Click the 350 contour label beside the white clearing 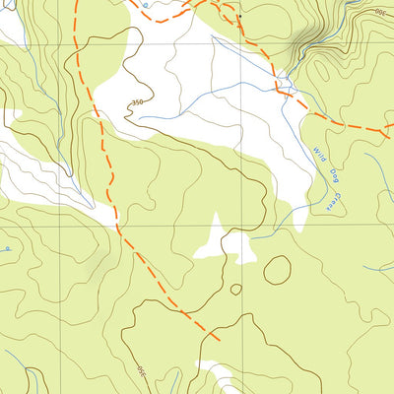coord(138,102)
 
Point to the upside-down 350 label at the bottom coord(140,372)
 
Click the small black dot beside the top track coord(237,17)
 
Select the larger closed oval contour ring coord(277,269)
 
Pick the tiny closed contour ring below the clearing coord(236,290)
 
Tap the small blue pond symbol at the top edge coord(145,6)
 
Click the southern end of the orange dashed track coord(219,341)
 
